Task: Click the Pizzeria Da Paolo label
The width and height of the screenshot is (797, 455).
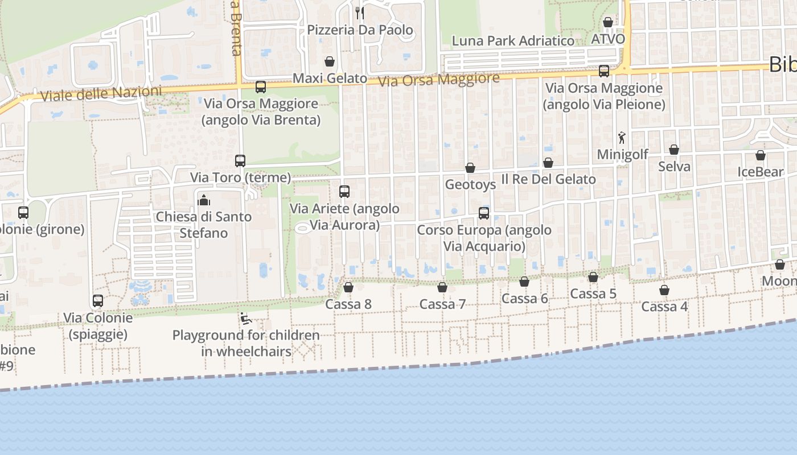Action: tap(360, 30)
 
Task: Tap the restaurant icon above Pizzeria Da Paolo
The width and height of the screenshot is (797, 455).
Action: tap(360, 13)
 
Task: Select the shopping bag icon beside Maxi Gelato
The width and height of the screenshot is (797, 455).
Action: tap(330, 61)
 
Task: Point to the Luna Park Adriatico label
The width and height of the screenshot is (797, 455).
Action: tap(513, 41)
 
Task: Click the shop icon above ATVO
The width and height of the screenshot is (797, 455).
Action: tap(608, 22)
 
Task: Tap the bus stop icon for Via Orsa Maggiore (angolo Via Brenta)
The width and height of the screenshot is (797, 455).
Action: tap(261, 87)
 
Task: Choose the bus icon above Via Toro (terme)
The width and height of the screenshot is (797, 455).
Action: tap(240, 161)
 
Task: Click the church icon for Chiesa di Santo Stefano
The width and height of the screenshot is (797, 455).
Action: tap(203, 200)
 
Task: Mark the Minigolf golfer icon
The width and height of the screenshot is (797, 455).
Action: tap(622, 138)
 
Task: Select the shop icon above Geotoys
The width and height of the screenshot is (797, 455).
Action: tap(470, 168)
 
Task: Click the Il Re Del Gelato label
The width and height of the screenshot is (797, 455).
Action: tap(548, 179)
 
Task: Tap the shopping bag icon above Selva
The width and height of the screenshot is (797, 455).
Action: tap(674, 150)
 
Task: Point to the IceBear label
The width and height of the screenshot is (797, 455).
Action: tap(761, 172)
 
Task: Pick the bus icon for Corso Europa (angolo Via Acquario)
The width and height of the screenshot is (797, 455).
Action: tap(484, 213)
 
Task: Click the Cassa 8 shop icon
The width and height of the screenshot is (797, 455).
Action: tap(348, 287)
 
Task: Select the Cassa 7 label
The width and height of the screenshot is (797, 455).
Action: tap(443, 304)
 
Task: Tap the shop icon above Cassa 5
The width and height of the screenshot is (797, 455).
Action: tap(593, 277)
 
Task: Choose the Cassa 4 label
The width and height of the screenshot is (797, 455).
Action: tap(664, 307)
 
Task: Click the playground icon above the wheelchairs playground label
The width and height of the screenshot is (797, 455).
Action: tap(246, 318)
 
